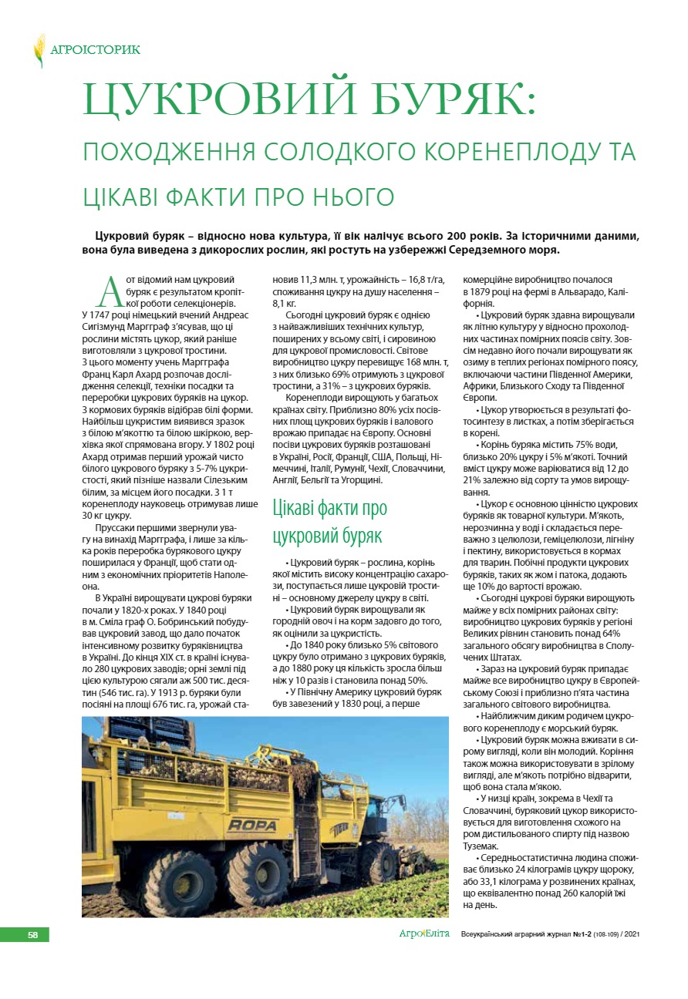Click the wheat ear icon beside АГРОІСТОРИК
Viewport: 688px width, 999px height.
pos(39,50)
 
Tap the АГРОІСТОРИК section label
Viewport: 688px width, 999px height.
pos(95,50)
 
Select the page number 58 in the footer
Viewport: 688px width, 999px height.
pos(32,935)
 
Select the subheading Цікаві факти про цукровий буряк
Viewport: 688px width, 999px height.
pos(330,520)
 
